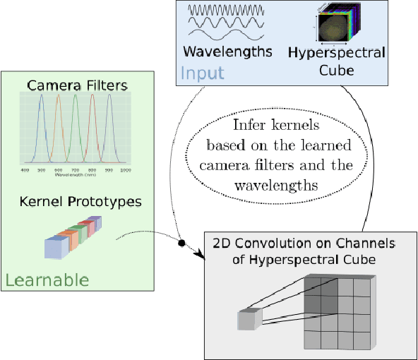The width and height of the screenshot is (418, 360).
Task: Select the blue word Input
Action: click(202, 73)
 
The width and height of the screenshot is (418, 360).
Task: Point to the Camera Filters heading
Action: click(77, 85)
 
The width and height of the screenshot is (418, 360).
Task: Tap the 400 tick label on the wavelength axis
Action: click(25, 171)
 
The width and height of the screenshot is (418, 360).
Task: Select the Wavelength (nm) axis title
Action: click(76, 176)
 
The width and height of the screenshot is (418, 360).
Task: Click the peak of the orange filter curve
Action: click(59, 97)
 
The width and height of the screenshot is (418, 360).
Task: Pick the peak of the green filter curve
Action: click(76, 97)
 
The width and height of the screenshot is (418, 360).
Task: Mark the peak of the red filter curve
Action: click(92, 97)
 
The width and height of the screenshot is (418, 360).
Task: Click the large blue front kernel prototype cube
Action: click(55, 248)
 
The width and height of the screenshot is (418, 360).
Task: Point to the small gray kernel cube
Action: click(249, 320)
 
